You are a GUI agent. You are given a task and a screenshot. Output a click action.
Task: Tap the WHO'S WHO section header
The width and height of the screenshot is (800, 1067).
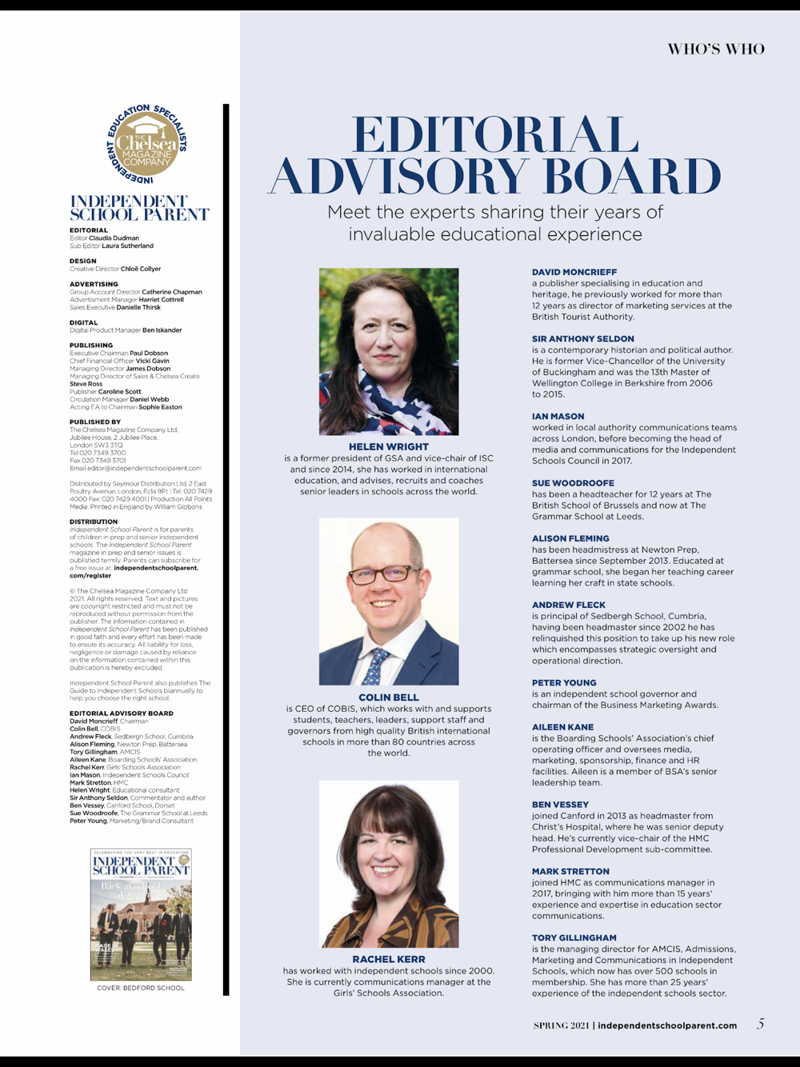click(x=716, y=50)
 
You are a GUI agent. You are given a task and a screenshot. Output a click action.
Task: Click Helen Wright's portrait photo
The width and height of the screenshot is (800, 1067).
click(x=389, y=351)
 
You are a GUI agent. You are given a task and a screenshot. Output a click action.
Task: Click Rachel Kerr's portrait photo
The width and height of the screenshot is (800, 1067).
click(x=390, y=864)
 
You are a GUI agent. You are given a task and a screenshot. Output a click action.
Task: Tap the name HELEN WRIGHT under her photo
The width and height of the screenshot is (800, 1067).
click(x=389, y=446)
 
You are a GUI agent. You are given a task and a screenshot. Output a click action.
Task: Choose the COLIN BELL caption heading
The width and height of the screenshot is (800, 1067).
click(x=389, y=697)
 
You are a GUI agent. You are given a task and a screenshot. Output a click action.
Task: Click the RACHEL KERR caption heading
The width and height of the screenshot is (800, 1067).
click(x=389, y=959)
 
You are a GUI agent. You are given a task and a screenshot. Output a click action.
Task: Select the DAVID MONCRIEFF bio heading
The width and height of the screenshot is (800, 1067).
click(x=574, y=272)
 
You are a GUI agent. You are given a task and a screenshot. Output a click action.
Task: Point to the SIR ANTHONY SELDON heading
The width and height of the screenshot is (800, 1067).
click(x=583, y=339)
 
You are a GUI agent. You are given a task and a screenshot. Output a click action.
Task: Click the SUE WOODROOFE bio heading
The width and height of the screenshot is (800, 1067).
click(x=573, y=483)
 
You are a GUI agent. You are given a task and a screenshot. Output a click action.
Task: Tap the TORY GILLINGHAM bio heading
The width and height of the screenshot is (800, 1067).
click(x=574, y=937)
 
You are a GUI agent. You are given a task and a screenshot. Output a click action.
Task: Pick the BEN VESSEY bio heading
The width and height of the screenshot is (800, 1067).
click(x=560, y=805)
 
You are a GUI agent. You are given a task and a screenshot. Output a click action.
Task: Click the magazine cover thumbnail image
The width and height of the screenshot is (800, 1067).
click(x=141, y=914)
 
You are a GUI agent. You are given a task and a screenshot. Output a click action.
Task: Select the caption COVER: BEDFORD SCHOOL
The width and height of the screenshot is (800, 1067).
click(x=141, y=988)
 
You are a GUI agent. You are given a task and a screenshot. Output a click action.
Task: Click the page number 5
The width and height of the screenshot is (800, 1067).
click(x=760, y=1024)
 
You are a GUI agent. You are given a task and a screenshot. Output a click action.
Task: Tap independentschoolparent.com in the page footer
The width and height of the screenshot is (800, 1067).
click(x=667, y=1025)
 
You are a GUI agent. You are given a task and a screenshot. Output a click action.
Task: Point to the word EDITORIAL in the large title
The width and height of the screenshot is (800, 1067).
click(x=495, y=135)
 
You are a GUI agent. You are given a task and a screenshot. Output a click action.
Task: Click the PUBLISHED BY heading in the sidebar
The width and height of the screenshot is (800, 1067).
click(x=95, y=422)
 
